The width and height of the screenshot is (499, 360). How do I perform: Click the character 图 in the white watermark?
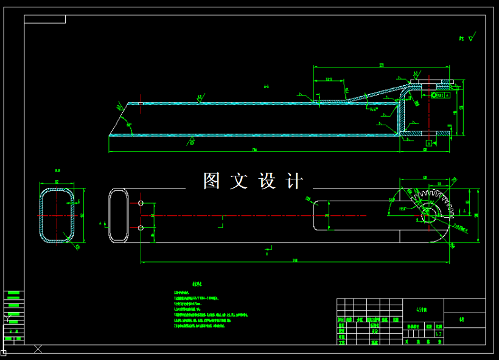(212, 181)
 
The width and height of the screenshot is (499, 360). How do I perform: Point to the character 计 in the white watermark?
(295, 181)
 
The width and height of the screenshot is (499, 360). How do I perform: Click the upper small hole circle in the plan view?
(141, 202)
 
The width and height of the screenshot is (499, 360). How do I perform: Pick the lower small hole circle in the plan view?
(141, 228)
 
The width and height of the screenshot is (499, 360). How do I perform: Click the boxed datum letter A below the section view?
(429, 143)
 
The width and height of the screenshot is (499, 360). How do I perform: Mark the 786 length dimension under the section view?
(254, 150)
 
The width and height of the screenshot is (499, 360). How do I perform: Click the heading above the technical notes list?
(196, 284)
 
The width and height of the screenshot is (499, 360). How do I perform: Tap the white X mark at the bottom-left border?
(38, 349)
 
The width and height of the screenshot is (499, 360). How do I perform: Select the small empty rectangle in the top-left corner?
(44, 19)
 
